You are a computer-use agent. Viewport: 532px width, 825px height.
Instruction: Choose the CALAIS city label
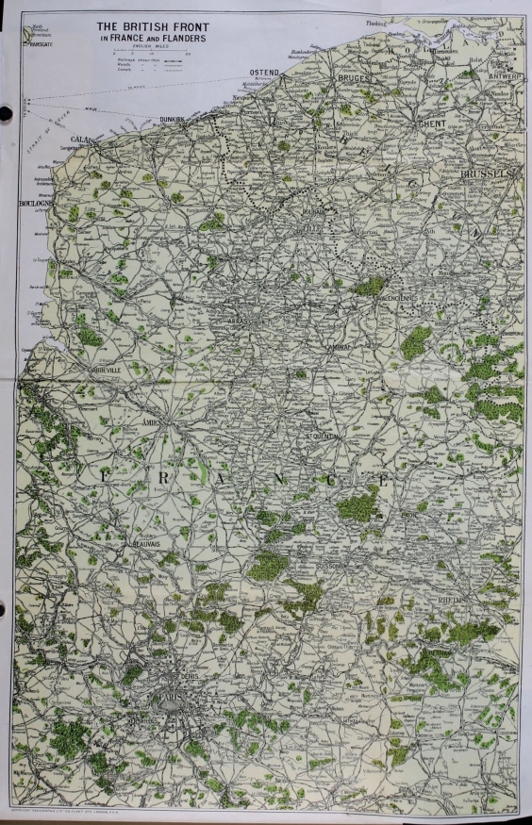(81, 140)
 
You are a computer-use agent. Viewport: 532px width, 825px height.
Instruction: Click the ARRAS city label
(244, 321)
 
